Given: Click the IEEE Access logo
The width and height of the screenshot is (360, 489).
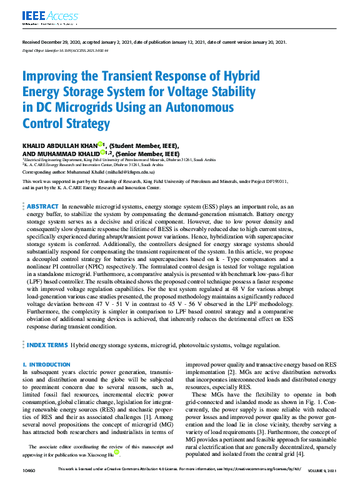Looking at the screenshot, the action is [x=42, y=16].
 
